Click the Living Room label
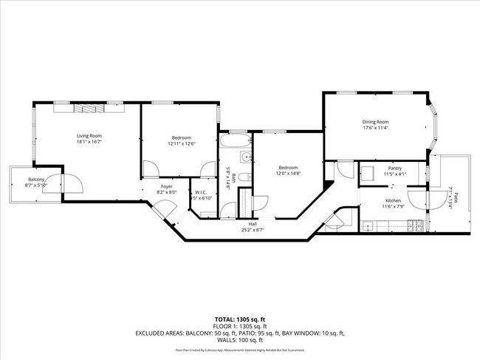89,135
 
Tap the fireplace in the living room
89,109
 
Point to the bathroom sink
244,157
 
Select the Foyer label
167,186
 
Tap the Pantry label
395,168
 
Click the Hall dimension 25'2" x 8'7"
253,230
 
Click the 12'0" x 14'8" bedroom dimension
289,174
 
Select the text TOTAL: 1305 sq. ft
240,319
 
